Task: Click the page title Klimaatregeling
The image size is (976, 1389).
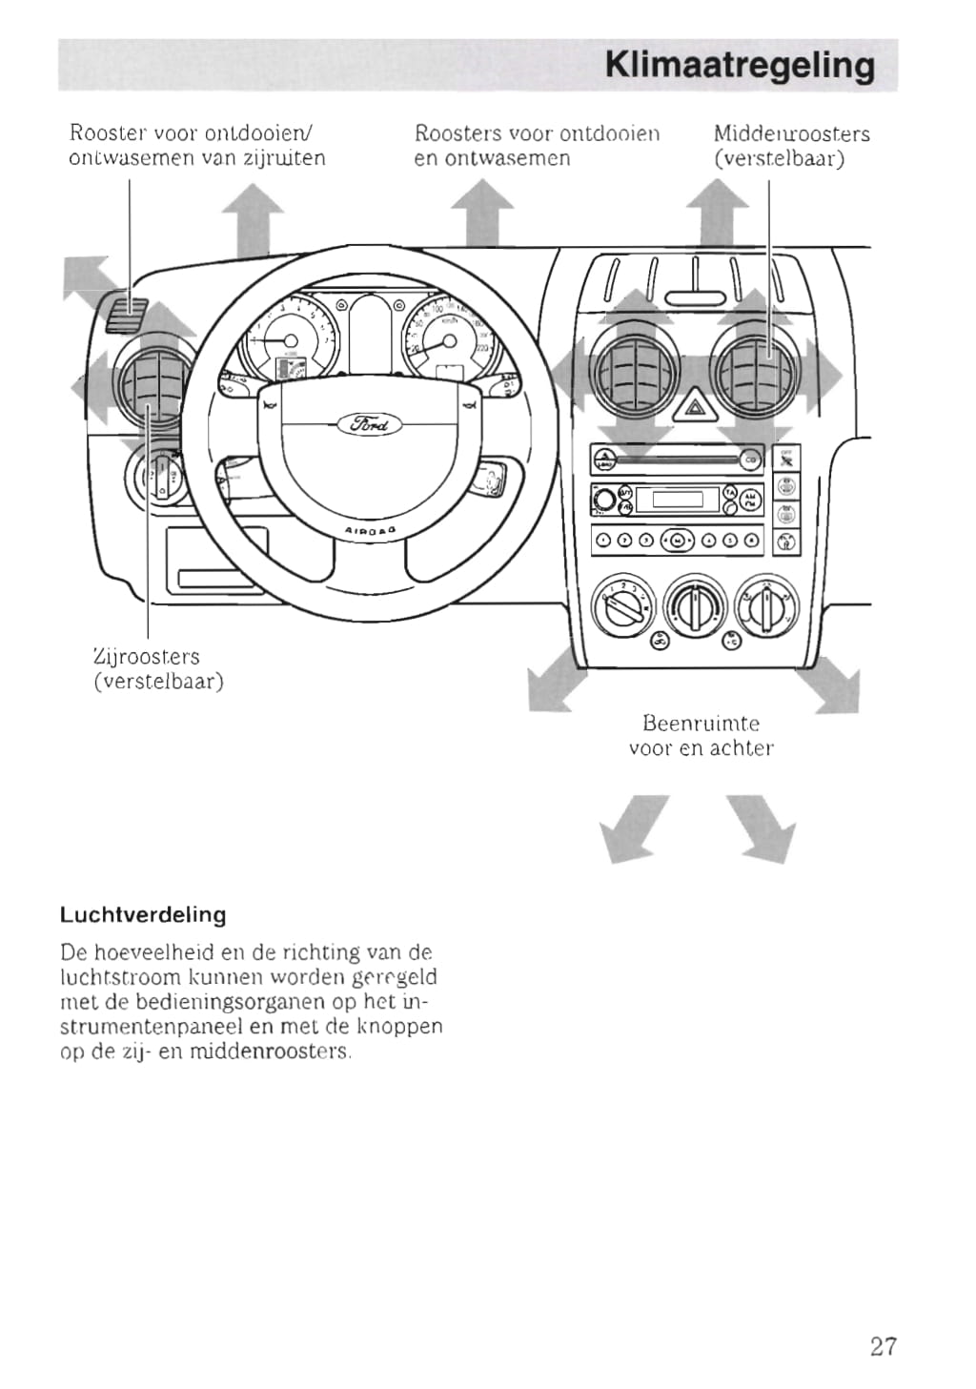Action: point(739,65)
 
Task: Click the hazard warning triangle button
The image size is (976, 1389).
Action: point(689,409)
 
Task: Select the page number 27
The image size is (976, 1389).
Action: point(883,1345)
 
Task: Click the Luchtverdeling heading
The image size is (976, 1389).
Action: point(143,915)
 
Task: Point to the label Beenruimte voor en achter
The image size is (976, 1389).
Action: point(701,736)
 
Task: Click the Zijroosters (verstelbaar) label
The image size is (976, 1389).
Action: point(157,668)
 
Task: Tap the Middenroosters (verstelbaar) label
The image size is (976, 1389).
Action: point(791,145)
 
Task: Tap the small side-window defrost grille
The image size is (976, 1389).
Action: point(125,313)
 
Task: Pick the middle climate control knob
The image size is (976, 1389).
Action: point(695,605)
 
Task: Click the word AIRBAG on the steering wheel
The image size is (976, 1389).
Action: point(370,530)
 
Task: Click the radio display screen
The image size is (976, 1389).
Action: point(678,499)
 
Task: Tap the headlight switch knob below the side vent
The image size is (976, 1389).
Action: point(157,475)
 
